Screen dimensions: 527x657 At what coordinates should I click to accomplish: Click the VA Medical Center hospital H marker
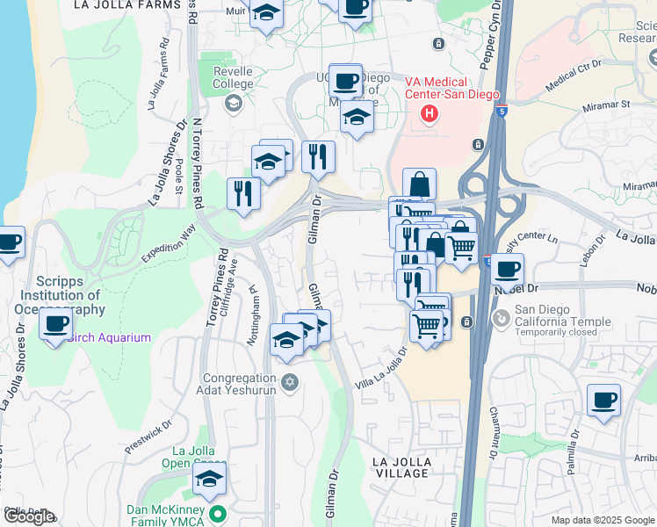(430, 113)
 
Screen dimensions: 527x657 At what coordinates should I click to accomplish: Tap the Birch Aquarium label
(109, 337)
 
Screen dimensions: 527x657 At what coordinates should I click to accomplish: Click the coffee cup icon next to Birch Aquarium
(56, 323)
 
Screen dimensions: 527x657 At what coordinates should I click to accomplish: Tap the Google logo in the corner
(28, 516)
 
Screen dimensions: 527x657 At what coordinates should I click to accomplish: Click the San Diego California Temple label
(562, 315)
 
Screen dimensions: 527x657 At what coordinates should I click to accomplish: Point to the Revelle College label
(234, 78)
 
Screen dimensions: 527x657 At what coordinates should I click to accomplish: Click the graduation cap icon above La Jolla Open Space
(210, 479)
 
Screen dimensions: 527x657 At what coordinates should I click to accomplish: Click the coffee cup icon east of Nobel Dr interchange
(508, 269)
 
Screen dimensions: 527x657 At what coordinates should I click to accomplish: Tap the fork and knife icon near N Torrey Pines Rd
(243, 193)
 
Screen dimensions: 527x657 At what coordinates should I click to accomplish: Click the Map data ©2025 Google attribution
(603, 520)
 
